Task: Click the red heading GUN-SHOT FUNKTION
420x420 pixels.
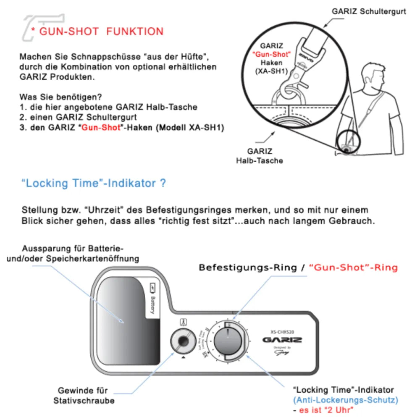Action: [x=101, y=31]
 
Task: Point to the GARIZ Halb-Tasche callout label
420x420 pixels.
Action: [x=260, y=155]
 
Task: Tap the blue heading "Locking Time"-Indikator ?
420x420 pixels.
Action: [x=93, y=184]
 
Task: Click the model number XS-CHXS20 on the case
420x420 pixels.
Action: [x=282, y=331]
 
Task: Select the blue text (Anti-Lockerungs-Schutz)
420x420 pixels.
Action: [x=345, y=399]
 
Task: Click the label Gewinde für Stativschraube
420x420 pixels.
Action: [x=84, y=395]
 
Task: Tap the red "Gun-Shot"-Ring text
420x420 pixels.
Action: [x=353, y=268]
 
